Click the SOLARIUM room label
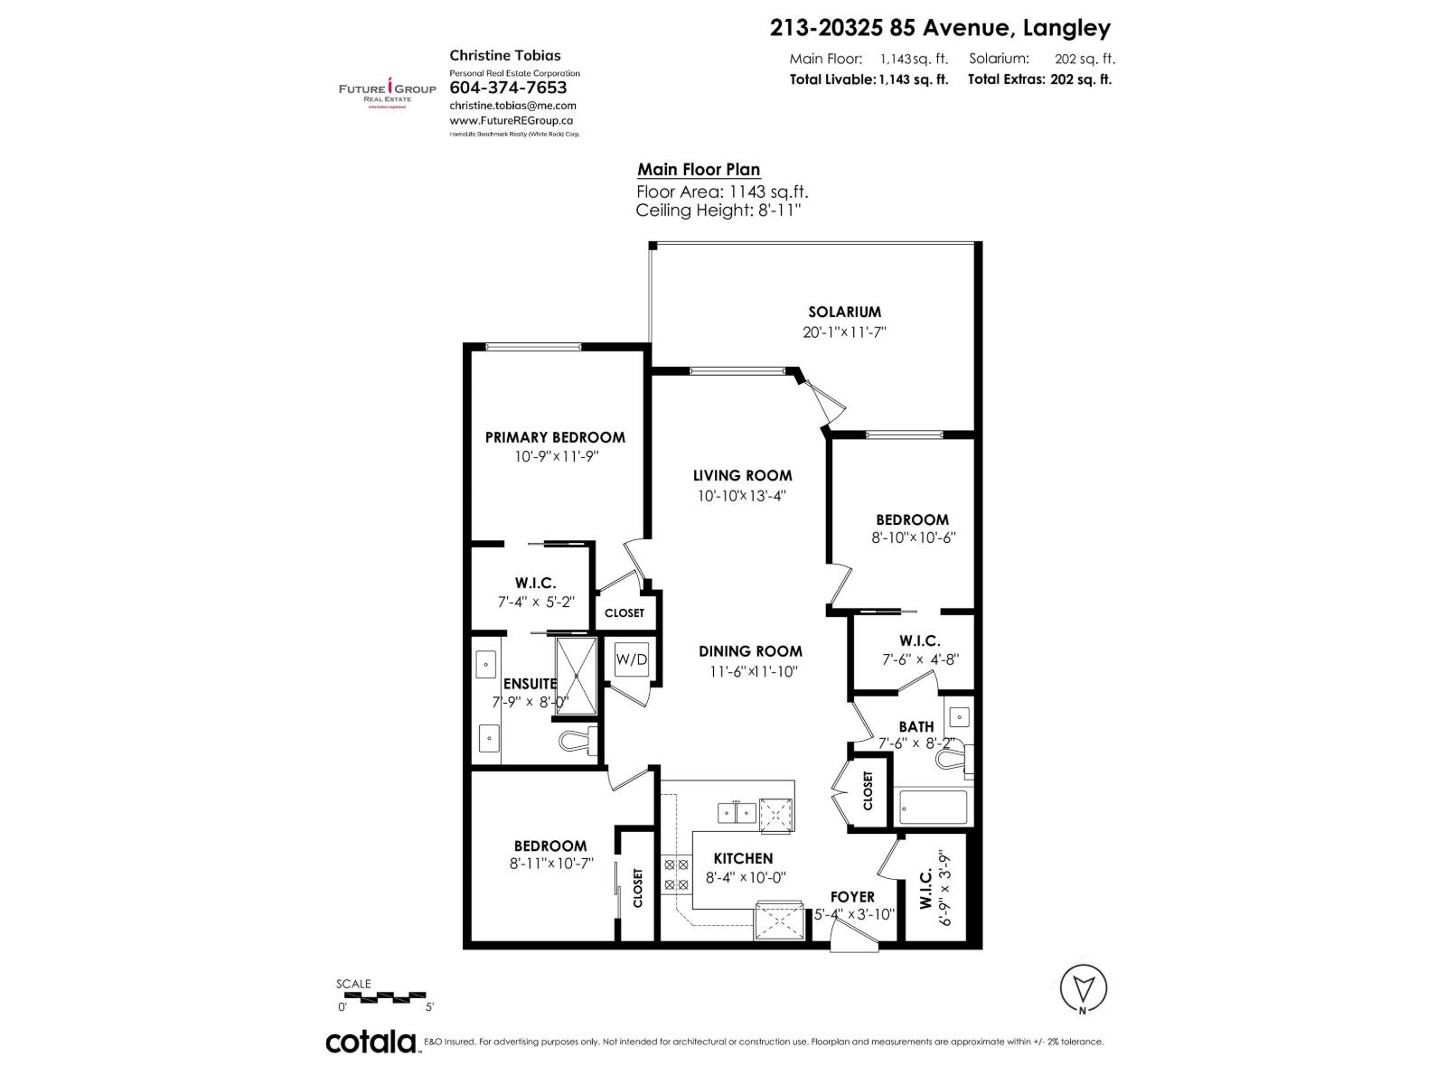click(844, 313)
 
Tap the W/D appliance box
click(632, 659)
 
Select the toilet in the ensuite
click(577, 741)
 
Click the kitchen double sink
click(737, 812)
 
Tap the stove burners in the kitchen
click(675, 875)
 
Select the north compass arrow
click(1083, 987)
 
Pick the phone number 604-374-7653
click(508, 88)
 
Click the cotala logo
click(371, 1042)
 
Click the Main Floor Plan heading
click(699, 170)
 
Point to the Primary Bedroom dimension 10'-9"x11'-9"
click(557, 457)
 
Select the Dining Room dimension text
click(754, 671)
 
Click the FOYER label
click(852, 897)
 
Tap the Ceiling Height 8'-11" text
click(718, 210)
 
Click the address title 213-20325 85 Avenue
click(940, 29)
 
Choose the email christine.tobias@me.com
click(512, 106)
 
